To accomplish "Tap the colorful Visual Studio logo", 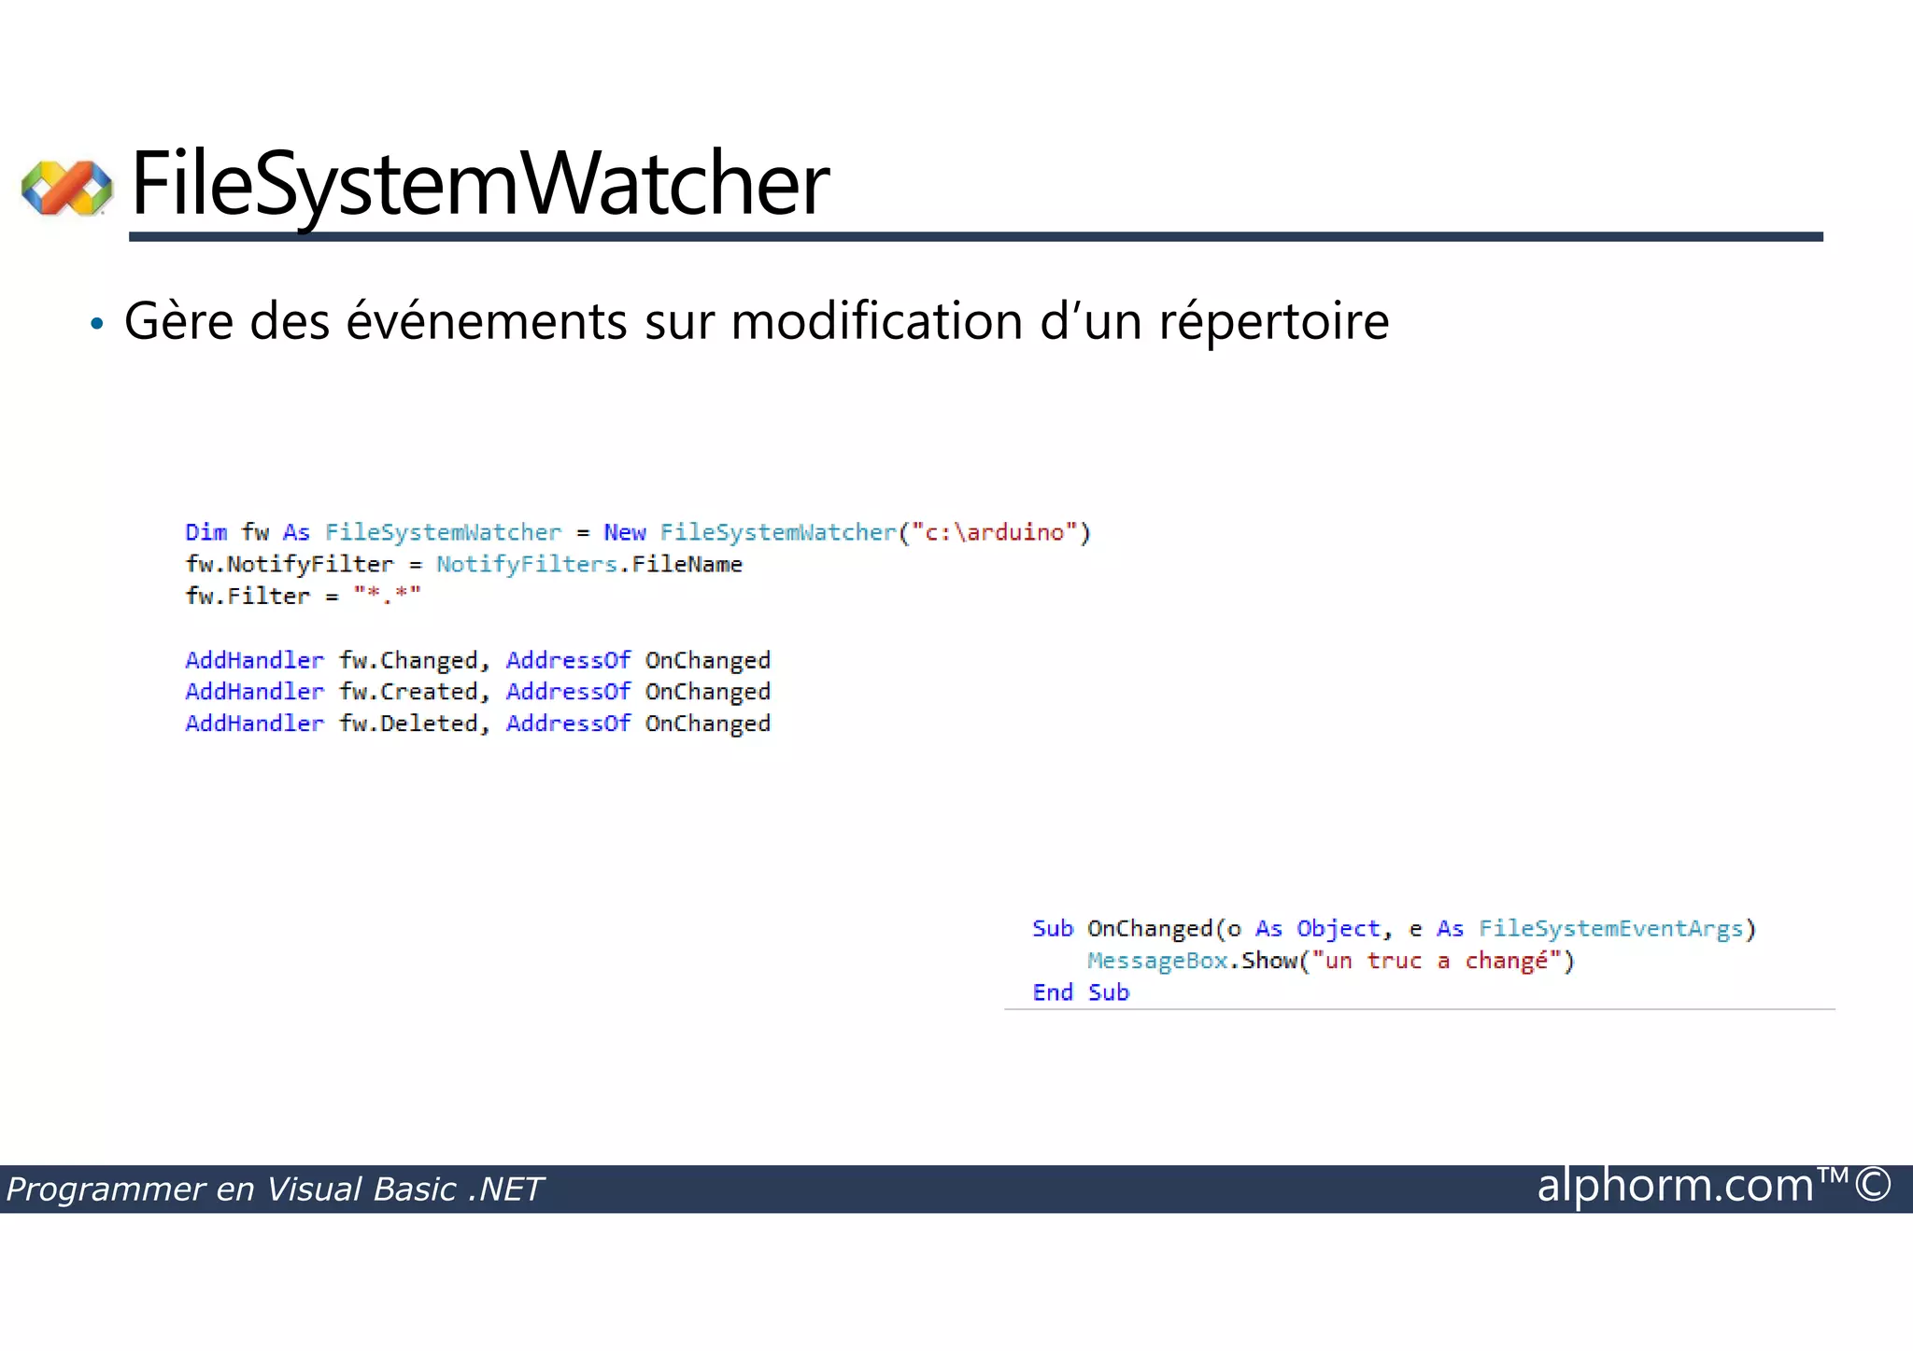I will tap(67, 188).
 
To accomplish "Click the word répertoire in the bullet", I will tap(1274, 322).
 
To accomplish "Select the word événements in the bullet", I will tap(487, 322).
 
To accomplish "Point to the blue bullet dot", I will tap(96, 325).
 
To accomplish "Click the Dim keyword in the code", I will tap(205, 532).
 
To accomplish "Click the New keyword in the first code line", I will tap(624, 532).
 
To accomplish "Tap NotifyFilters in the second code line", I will tap(526, 564).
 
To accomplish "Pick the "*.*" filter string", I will tap(387, 596).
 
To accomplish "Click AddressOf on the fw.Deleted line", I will tap(568, 724).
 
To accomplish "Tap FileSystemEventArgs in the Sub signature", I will tap(1610, 929).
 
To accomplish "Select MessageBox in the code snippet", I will tap(1156, 961).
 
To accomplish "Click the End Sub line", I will tap(1080, 992).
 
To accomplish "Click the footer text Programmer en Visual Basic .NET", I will tap(274, 1189).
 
